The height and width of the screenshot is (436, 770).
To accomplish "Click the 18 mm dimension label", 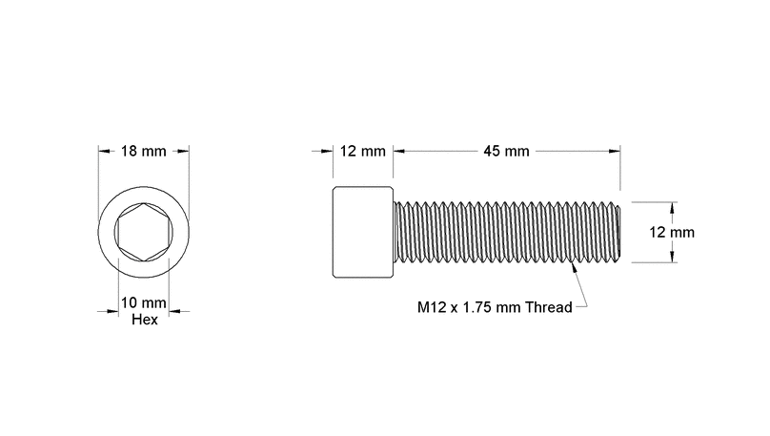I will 144,152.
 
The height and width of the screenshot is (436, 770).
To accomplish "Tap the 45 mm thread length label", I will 506,152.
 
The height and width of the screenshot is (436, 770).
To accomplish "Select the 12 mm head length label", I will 362,152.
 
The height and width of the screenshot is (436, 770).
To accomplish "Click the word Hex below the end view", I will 144,320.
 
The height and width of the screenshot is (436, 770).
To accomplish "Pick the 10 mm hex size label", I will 144,303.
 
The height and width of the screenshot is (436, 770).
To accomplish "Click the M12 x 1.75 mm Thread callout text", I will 495,307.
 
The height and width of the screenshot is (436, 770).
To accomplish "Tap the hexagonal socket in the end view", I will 144,232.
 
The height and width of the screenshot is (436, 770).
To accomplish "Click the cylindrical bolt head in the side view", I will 363,232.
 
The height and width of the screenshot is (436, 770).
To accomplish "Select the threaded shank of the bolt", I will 505,232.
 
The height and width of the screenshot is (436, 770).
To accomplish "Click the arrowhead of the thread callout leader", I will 572,271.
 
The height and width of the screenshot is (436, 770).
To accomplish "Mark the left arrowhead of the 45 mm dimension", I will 399,152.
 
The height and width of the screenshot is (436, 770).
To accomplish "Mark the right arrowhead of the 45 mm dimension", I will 615,152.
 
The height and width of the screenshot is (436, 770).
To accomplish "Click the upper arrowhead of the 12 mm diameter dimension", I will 672,206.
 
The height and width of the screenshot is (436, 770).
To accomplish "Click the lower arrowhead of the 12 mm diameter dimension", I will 672,257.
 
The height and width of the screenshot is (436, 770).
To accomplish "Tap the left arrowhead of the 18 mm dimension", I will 104,152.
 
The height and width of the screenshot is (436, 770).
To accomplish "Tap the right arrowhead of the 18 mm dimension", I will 184,152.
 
